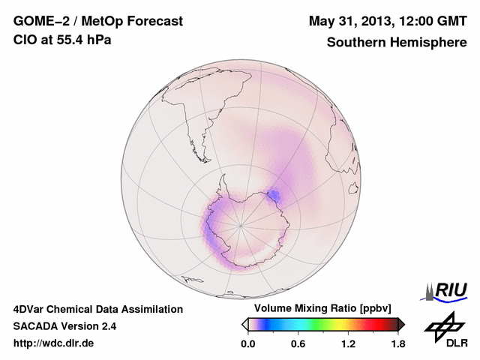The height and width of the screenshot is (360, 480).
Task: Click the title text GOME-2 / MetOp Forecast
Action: click(x=97, y=21)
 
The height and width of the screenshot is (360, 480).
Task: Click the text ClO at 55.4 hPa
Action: click(x=62, y=40)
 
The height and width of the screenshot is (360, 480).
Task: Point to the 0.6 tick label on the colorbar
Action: click(x=298, y=344)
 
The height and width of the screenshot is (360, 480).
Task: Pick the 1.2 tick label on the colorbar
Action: click(x=347, y=344)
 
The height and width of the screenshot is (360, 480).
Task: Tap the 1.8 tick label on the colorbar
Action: click(x=397, y=344)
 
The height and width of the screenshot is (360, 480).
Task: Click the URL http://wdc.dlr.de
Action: click(x=54, y=343)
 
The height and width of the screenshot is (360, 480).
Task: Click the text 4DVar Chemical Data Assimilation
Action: click(x=97, y=309)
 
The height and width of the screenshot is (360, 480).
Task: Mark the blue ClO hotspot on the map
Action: click(x=274, y=196)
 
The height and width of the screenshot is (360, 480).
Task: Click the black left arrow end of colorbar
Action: click(x=244, y=324)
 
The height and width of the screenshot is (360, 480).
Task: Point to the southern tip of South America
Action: click(x=203, y=144)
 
